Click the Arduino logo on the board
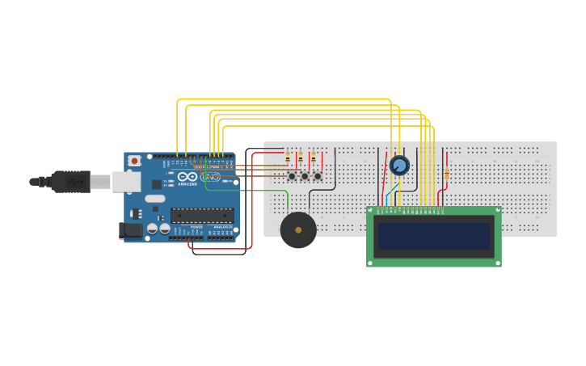click(x=188, y=177)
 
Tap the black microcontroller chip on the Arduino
click(x=201, y=216)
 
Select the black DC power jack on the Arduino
click(x=130, y=230)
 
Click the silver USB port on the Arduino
click(x=126, y=182)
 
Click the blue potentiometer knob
click(x=399, y=166)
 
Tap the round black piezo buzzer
click(x=298, y=230)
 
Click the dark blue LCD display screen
click(x=433, y=236)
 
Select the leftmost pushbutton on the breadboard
click(x=292, y=176)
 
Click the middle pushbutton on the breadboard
click(x=305, y=176)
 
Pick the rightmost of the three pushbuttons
click(x=318, y=176)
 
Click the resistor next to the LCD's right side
click(x=446, y=175)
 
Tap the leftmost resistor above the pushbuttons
click(x=287, y=158)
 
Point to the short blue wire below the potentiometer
click(x=392, y=193)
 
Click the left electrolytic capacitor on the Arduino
click(x=152, y=229)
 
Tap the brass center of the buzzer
click(x=298, y=230)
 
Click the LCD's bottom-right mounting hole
click(x=496, y=262)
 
